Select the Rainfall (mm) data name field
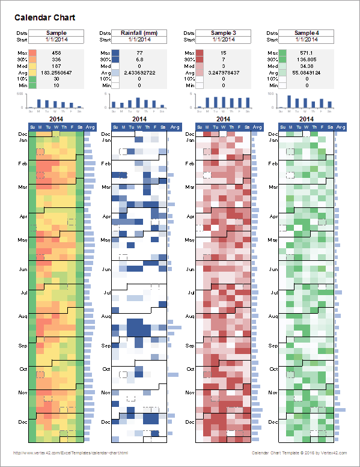tap(139, 32)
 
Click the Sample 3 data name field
tap(223, 32)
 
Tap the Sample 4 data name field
tap(307, 32)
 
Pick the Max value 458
tap(56, 53)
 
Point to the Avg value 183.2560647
tap(56, 72)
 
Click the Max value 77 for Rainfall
tap(139, 53)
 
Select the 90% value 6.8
tap(139, 60)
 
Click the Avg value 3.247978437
tap(223, 72)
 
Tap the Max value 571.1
tap(307, 53)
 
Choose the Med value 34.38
tap(307, 66)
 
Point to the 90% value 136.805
tap(307, 60)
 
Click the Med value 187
tap(56, 66)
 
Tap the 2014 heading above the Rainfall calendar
tap(139, 119)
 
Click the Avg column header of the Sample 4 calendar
tap(341, 127)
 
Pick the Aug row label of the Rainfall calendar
tap(106, 316)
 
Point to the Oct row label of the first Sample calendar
tap(22, 369)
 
